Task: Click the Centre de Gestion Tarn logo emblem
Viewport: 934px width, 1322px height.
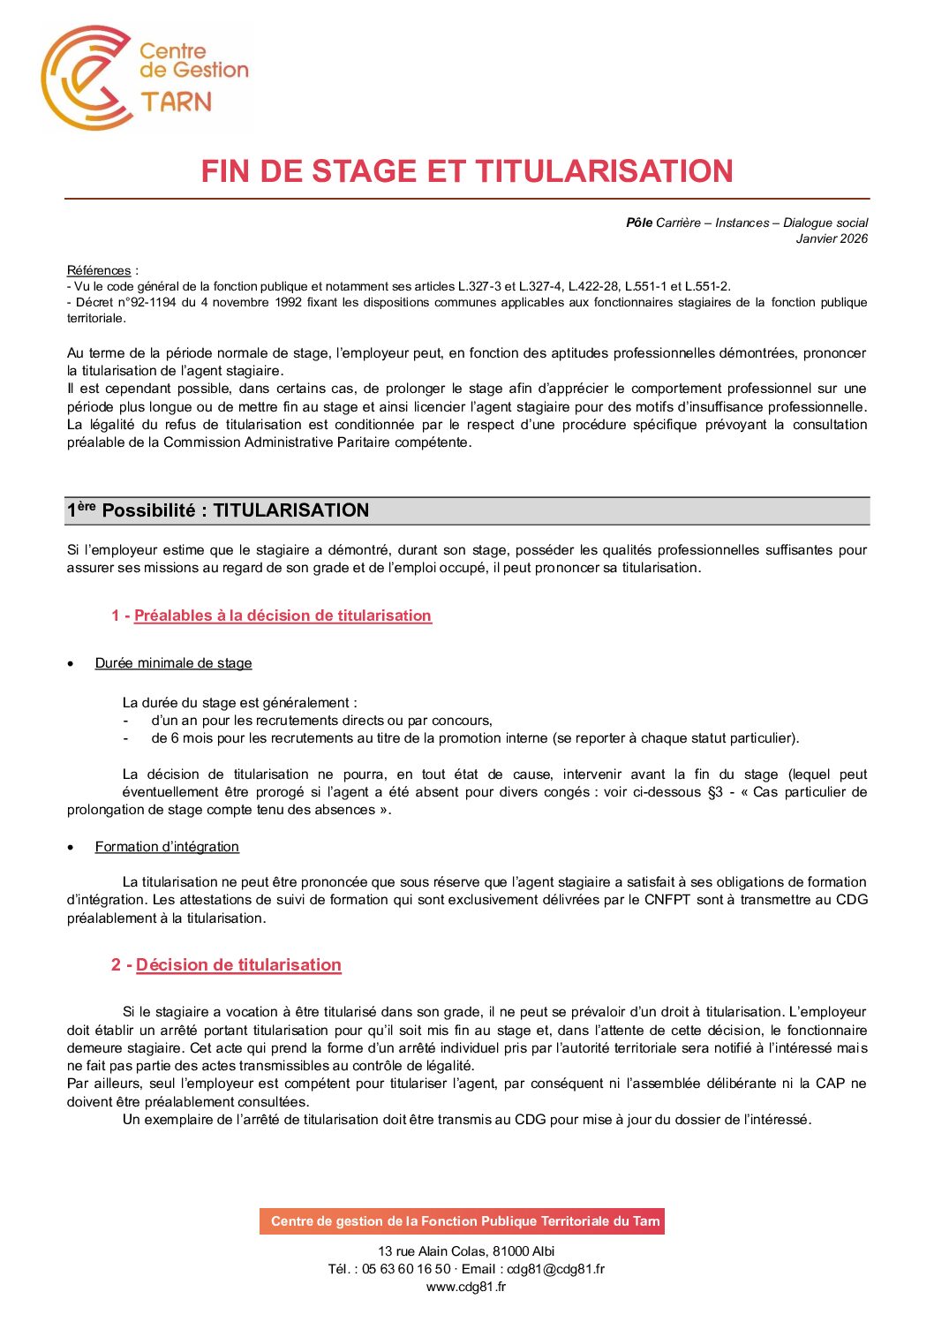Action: tap(84, 78)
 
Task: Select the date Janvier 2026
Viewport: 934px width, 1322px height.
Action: tap(832, 238)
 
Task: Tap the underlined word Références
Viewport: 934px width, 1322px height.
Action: tap(99, 270)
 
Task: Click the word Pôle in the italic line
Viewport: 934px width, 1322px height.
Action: tap(639, 223)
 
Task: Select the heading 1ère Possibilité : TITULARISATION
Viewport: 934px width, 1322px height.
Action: tap(218, 510)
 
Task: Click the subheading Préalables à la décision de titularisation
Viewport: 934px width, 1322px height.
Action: tap(282, 616)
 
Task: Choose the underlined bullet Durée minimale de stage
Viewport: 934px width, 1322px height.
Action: tap(173, 663)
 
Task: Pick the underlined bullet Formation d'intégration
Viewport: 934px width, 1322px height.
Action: tap(167, 847)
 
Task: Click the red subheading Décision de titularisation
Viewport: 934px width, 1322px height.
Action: tap(238, 965)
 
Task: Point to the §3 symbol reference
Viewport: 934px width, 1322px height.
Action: tap(715, 792)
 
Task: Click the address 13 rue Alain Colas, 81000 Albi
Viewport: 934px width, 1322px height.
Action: tap(466, 1251)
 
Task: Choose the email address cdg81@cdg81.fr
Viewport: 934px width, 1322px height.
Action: tap(555, 1269)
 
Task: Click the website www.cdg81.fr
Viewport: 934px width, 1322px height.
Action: tap(466, 1287)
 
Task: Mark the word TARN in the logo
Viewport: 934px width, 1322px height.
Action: tap(177, 102)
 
